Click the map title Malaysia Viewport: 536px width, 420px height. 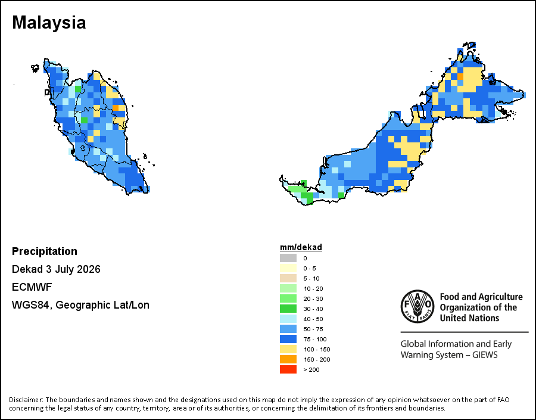(x=49, y=23)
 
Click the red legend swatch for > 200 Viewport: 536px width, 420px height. (x=288, y=369)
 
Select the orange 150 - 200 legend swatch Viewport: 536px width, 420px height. (x=288, y=359)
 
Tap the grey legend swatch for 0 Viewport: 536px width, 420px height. (x=288, y=258)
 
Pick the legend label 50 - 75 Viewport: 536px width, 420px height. (x=313, y=329)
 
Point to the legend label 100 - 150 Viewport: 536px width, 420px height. (x=317, y=349)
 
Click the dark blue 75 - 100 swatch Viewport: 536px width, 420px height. (x=288, y=339)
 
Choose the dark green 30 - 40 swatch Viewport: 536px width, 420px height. (x=288, y=309)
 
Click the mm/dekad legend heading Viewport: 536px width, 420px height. (x=301, y=247)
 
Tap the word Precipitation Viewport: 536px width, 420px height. (x=45, y=251)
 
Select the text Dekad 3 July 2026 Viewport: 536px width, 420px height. (x=56, y=269)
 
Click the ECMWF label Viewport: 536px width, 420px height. (x=32, y=287)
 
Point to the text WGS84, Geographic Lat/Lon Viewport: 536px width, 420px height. (x=80, y=305)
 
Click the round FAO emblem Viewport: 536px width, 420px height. (x=417, y=306)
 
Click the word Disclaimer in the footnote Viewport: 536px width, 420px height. (x=26, y=400)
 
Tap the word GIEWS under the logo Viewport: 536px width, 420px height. (x=485, y=354)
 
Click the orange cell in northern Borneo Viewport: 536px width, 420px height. (x=460, y=76)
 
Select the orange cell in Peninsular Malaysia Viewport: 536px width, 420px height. (x=116, y=108)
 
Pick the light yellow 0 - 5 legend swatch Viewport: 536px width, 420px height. (x=288, y=268)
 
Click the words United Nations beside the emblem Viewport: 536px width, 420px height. (x=469, y=318)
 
